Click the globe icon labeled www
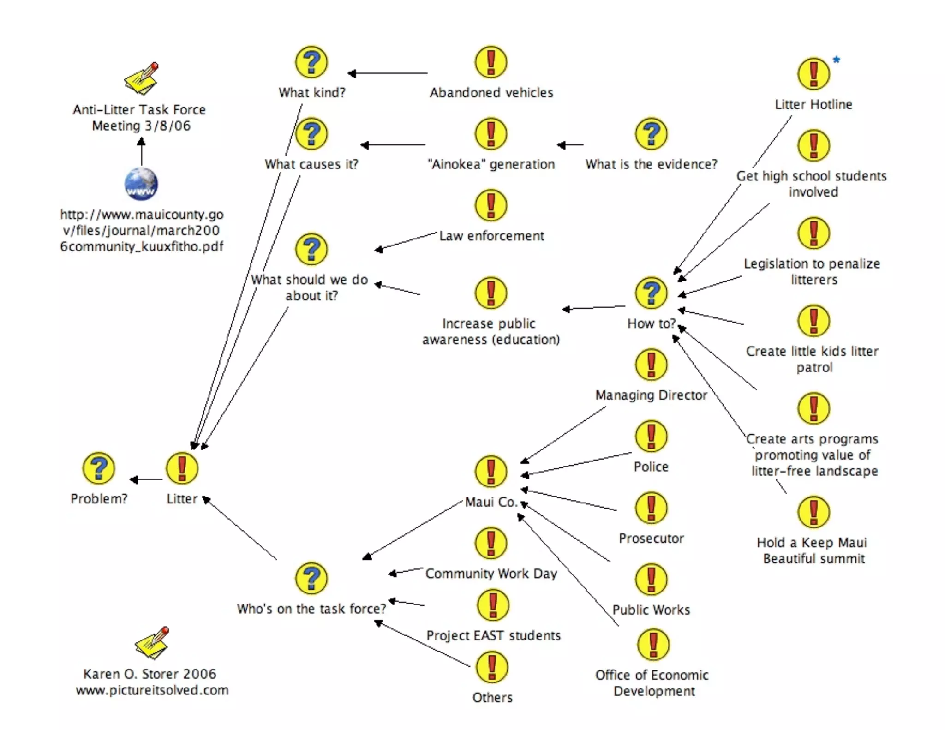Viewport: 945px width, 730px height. coord(141,184)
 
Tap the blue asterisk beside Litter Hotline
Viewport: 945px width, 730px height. coord(836,60)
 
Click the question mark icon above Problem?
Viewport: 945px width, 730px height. coord(98,468)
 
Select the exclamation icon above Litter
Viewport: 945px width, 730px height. coord(182,468)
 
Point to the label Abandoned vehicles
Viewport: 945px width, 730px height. coord(491,93)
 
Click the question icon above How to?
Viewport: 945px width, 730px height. coord(651,293)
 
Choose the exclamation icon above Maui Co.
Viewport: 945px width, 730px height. coord(491,471)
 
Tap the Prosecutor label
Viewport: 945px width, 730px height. coord(651,539)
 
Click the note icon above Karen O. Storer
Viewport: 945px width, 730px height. coord(152,642)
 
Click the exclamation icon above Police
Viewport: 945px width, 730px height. coord(651,436)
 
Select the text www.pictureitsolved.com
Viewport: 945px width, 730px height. coord(152,690)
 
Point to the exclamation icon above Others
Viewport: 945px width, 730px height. coord(492,667)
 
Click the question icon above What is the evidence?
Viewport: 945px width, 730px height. coord(651,133)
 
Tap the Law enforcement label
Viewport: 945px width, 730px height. coord(491,236)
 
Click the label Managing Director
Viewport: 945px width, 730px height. coord(651,395)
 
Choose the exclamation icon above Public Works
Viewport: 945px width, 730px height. coord(651,579)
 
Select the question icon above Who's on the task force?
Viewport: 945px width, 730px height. coord(311,578)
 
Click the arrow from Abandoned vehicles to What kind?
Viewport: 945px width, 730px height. coord(388,73)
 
